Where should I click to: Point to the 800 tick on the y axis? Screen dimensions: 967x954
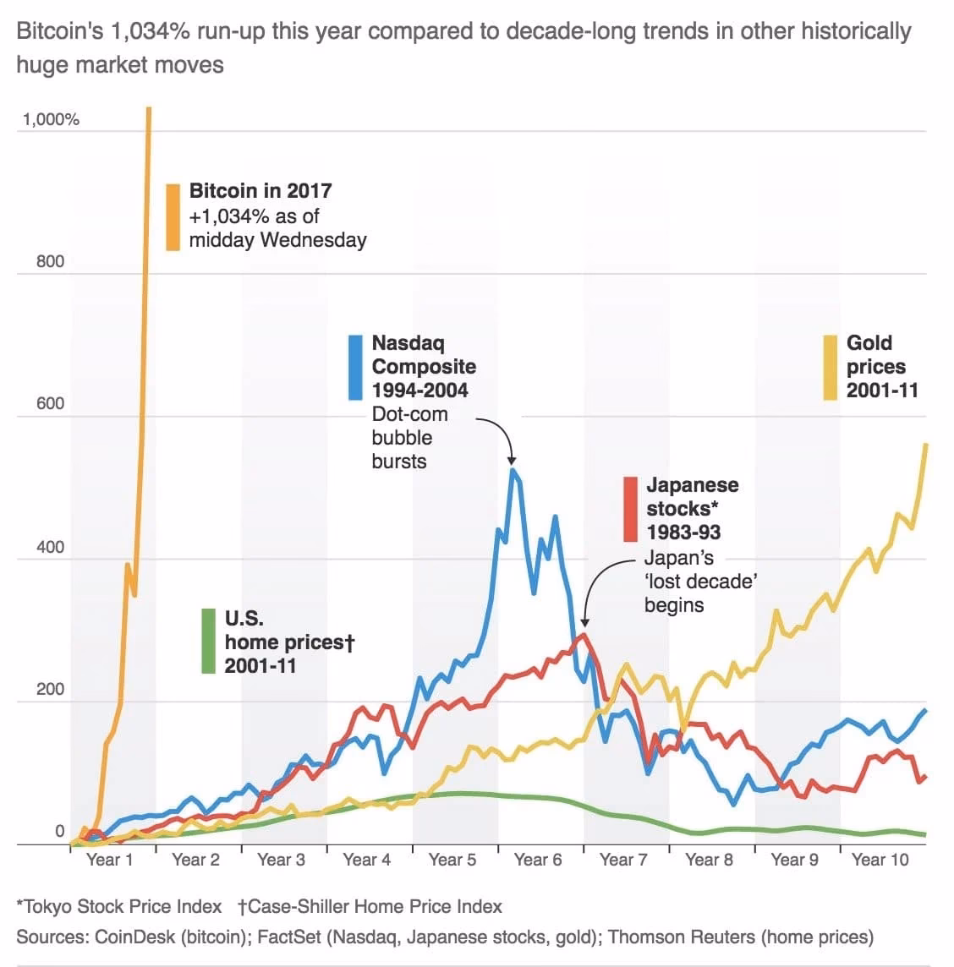50,261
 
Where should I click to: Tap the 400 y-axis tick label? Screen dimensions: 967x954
50,547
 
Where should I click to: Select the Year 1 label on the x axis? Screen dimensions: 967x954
109,860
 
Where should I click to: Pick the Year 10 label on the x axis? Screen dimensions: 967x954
880,860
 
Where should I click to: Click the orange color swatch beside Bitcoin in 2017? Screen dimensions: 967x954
173,216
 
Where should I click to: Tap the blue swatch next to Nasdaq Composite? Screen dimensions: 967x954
355,367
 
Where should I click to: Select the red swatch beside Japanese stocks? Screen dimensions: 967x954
630,509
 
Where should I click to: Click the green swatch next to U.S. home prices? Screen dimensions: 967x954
208,641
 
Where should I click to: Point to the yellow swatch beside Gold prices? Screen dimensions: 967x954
831,367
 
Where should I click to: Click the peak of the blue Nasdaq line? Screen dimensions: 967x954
512,470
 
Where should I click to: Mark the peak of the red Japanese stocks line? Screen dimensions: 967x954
582,634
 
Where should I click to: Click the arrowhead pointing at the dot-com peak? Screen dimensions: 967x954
511,460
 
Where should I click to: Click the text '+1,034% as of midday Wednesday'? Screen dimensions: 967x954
277,228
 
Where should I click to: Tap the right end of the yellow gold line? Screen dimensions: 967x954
926,445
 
